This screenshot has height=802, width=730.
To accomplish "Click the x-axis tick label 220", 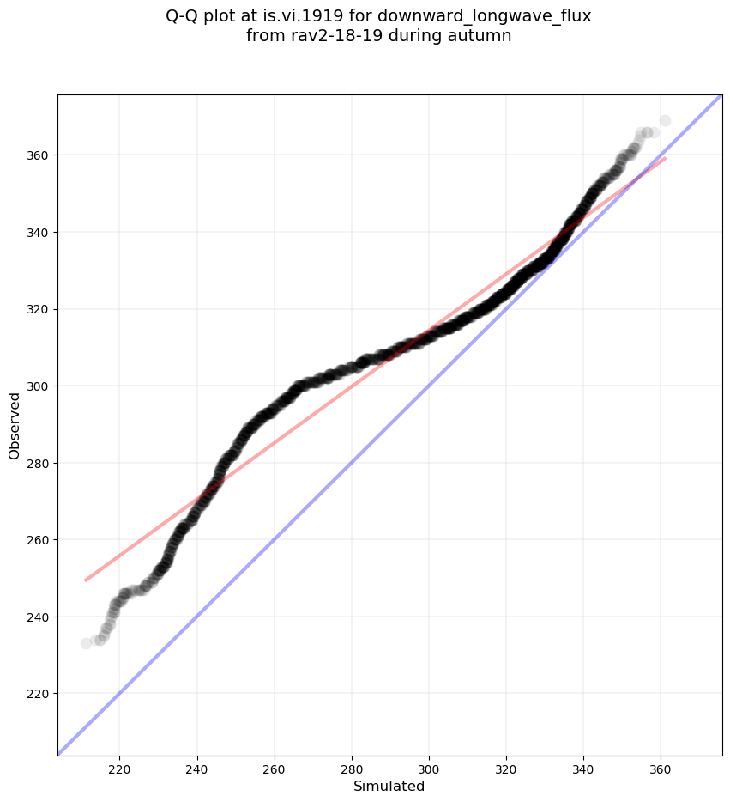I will tap(119, 767).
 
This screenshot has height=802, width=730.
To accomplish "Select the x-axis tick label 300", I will tap(429, 767).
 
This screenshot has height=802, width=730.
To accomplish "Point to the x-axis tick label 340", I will tap(584, 767).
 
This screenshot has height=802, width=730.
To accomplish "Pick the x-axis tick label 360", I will tap(661, 767).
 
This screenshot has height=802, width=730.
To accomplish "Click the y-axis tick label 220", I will tap(38, 694).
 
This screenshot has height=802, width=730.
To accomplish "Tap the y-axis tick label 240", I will tap(38, 617).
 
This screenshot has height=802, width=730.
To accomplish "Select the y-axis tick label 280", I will tap(38, 463).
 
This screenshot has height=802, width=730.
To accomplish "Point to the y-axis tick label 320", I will tap(38, 309).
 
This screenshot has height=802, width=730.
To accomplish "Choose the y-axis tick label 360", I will tap(38, 155).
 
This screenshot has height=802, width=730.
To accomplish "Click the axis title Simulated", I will tap(389, 786).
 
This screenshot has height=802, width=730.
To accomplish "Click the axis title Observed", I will tap(15, 426).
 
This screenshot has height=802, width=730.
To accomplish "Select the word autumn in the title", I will tap(482, 36).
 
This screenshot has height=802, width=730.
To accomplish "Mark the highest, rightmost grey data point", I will tap(665, 121).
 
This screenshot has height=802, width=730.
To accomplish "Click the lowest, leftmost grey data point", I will tap(86, 643).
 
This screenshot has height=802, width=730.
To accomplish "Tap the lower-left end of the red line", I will tap(86, 580).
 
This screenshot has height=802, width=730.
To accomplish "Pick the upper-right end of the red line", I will tap(665, 158).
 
